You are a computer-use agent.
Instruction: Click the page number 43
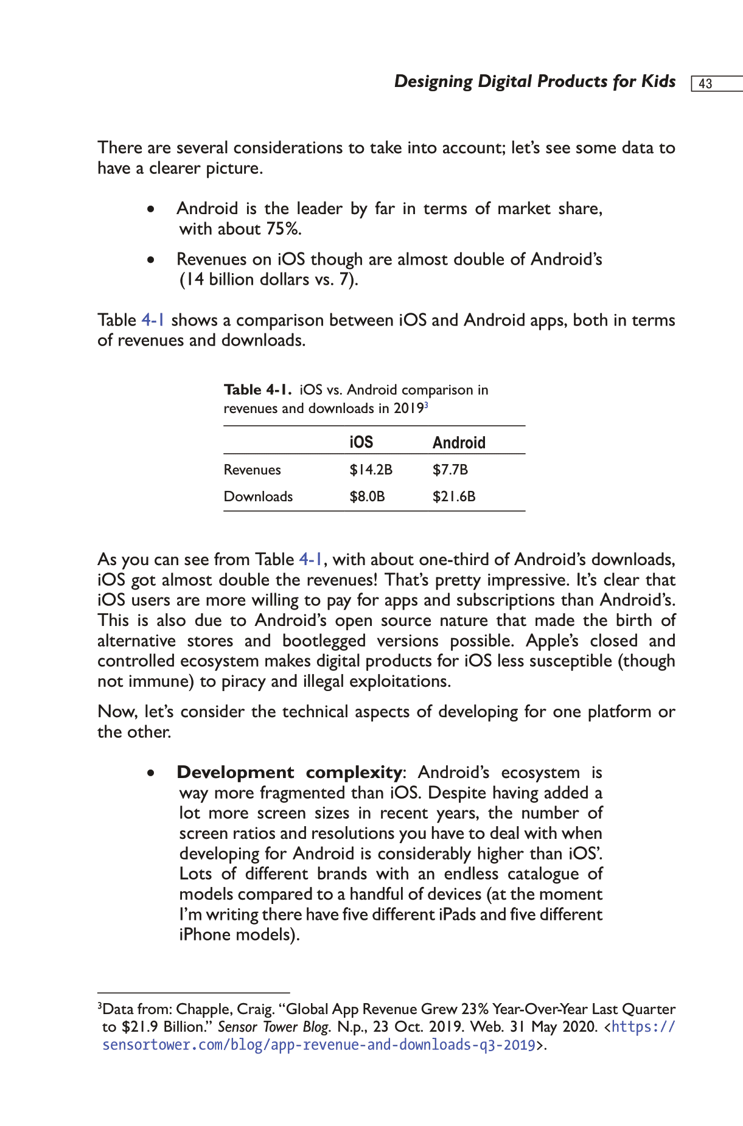(x=705, y=84)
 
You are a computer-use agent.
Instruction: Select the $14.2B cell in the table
(x=371, y=470)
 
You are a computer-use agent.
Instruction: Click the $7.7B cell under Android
(x=450, y=470)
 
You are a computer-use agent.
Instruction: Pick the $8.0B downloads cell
(x=367, y=496)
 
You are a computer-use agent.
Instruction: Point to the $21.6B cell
(x=454, y=496)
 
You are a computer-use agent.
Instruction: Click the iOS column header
(x=361, y=442)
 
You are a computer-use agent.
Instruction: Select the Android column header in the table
(x=459, y=442)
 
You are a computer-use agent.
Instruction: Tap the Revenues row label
(x=252, y=470)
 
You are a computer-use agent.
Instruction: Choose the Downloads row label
(x=258, y=496)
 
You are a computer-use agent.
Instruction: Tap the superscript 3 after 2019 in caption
(x=427, y=405)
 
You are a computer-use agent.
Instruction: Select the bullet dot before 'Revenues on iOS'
(x=150, y=260)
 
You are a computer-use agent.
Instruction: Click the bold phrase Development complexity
(x=289, y=773)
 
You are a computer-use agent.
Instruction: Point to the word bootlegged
(x=324, y=641)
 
